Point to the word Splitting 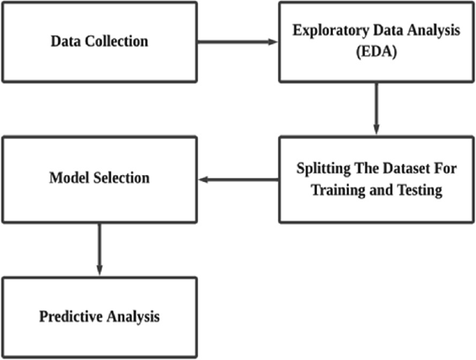[x=324, y=169]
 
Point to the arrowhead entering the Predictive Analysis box [x=99, y=270]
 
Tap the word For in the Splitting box [x=442, y=169]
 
